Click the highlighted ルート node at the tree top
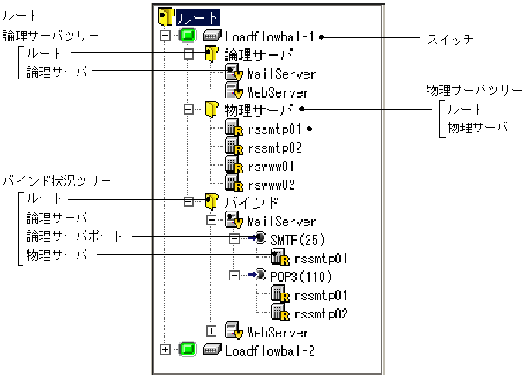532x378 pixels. click(x=199, y=16)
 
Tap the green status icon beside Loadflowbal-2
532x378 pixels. click(x=188, y=350)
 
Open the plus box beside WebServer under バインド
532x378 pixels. click(x=211, y=331)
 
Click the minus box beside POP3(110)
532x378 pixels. click(x=233, y=275)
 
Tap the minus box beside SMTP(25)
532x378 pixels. click(x=233, y=238)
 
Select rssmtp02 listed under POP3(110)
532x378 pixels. click(x=320, y=313)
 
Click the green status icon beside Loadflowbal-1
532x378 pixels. click(x=188, y=37)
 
